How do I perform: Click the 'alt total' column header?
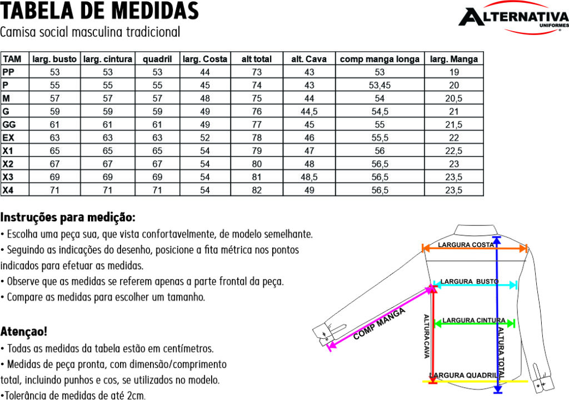point(256,59)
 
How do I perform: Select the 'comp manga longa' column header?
point(380,59)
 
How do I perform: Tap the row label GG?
point(9,124)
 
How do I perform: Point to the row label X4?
point(8,190)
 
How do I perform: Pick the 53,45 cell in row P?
point(380,85)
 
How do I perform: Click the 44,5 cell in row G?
point(309,111)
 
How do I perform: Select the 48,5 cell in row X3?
point(309,177)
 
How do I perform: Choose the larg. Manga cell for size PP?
point(454,72)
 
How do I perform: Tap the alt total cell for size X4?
point(256,190)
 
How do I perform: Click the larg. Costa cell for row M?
point(205,98)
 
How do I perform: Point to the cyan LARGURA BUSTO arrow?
point(475,285)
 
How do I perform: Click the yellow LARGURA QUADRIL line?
point(475,381)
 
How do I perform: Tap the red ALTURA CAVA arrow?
point(432,334)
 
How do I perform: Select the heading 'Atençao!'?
point(24,332)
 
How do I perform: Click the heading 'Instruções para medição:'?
point(68,216)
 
